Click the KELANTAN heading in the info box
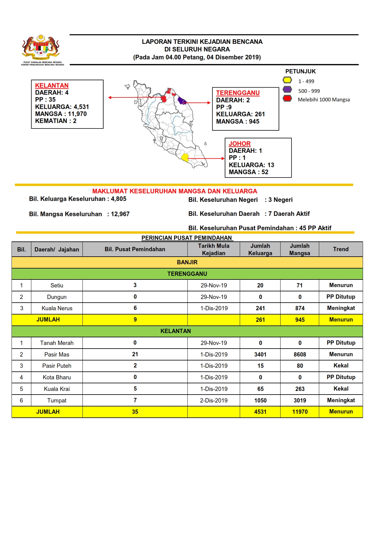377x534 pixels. click(52, 86)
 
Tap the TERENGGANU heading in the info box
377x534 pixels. click(238, 93)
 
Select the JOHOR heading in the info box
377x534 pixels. click(239, 144)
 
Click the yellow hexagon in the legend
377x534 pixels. click(287, 80)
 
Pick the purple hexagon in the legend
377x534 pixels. click(287, 90)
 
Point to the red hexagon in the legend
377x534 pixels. click(287, 98)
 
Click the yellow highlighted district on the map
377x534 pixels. click(185, 157)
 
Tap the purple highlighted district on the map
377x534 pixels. click(182, 100)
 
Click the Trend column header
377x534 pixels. click(340, 249)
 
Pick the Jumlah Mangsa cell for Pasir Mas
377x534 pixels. click(300, 354)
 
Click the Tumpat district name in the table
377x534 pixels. click(57, 400)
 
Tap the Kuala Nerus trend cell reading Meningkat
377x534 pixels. click(341, 308)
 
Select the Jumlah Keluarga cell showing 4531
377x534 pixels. click(260, 412)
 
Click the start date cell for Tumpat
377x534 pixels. click(214, 400)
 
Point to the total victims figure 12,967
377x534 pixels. click(120, 214)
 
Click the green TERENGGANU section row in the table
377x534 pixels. click(187, 274)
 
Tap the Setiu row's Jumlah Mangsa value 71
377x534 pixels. click(300, 285)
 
